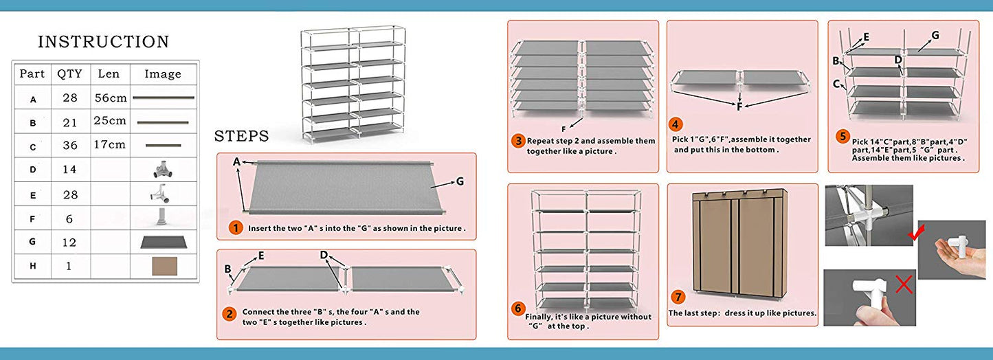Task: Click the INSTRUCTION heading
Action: tap(103, 42)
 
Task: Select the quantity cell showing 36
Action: tap(69, 145)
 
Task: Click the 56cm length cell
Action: tap(109, 98)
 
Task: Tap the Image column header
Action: tap(163, 74)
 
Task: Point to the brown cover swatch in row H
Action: tap(164, 267)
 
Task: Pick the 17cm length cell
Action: tap(109, 145)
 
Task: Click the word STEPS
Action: tap(241, 135)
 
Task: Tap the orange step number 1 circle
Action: tap(236, 227)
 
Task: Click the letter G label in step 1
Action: tap(460, 182)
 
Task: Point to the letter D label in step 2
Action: tap(324, 256)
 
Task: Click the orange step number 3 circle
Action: tap(518, 141)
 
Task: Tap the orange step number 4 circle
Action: tap(676, 124)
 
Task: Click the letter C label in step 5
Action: tap(836, 85)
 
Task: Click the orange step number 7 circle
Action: tap(678, 297)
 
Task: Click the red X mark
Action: tap(904, 284)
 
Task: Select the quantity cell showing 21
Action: tap(69, 122)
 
